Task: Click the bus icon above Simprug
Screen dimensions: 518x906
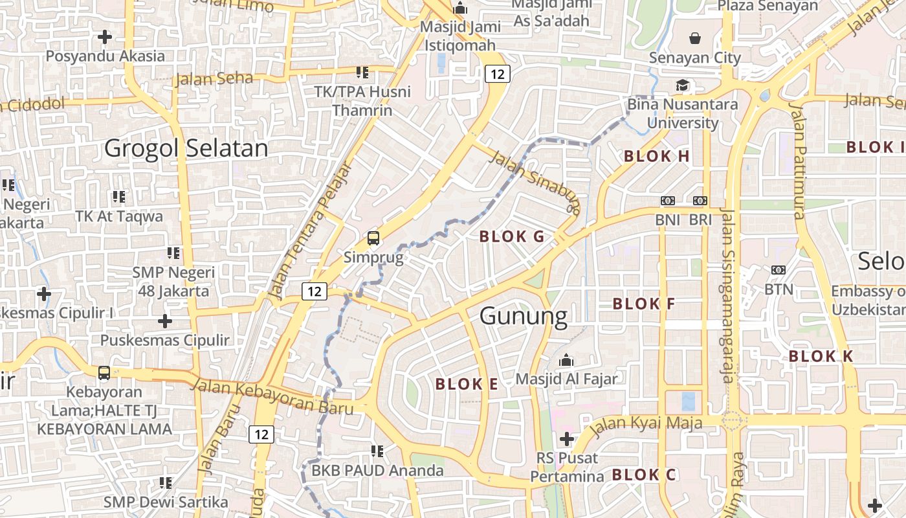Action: coord(373,238)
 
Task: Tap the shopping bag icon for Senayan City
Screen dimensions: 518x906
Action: coord(695,38)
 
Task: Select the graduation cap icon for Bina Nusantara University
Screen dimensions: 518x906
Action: coord(682,85)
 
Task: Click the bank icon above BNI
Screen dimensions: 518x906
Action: coord(668,201)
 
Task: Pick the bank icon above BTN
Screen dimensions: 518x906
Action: coord(779,269)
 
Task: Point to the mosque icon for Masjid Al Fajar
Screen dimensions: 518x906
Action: coord(567,359)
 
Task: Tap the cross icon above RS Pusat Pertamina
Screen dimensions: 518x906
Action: coord(567,439)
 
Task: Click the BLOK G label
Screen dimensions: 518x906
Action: coord(512,237)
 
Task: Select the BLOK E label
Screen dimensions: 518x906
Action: coord(467,385)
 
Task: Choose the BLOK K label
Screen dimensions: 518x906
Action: coord(821,356)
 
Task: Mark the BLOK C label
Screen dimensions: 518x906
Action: coord(644,475)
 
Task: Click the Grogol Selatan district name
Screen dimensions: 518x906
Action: coord(186,148)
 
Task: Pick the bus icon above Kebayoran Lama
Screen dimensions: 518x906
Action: coord(104,373)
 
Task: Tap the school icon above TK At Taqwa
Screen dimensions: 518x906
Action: coord(118,196)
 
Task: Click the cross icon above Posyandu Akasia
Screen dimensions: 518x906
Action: coord(105,37)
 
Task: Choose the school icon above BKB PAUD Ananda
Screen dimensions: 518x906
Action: coord(378,451)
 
